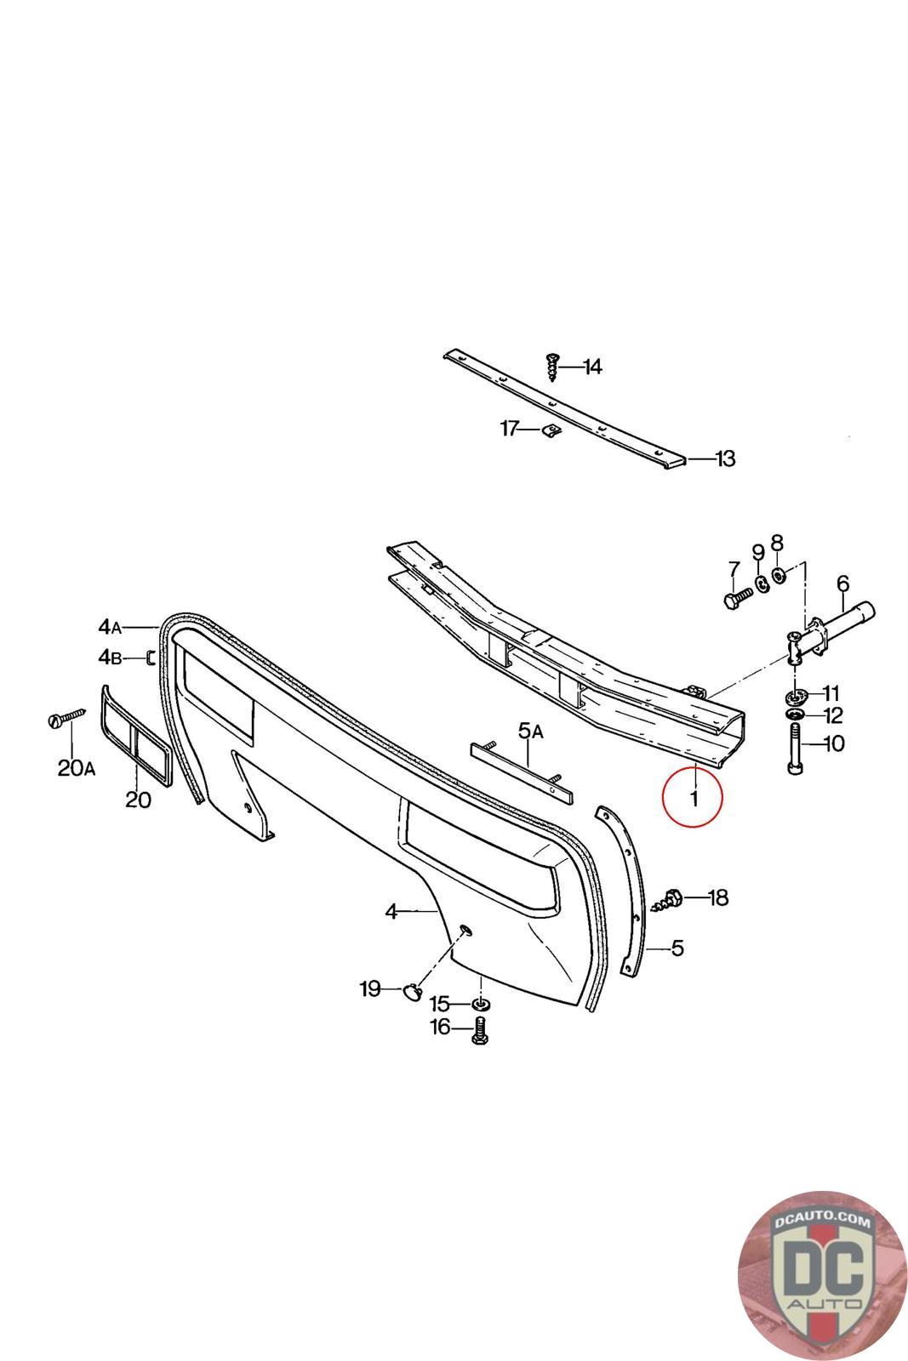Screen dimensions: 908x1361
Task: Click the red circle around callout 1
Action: tap(693, 797)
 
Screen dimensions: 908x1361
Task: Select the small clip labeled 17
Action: tap(550, 430)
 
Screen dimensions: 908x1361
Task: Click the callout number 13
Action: tap(724, 459)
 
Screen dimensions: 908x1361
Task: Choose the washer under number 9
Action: tap(762, 583)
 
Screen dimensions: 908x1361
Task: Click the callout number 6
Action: tap(842, 584)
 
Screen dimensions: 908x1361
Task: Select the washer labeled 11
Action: tap(797, 697)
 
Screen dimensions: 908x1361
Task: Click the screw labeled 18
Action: tap(671, 899)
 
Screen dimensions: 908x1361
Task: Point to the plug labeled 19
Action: tap(412, 989)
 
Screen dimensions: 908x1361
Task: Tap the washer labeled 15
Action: tap(481, 1005)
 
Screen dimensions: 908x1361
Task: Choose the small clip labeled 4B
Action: tap(150, 658)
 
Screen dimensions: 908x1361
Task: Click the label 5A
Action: tap(532, 730)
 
